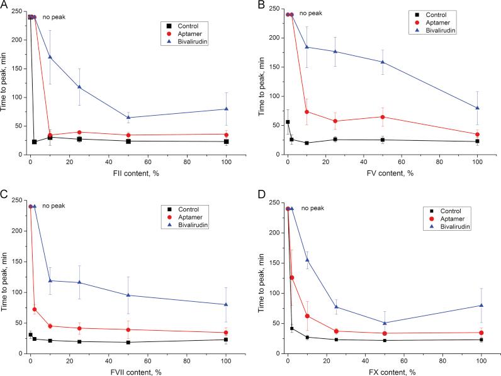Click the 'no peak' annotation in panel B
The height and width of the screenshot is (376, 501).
311,13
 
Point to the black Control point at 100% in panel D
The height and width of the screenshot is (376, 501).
481,340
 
